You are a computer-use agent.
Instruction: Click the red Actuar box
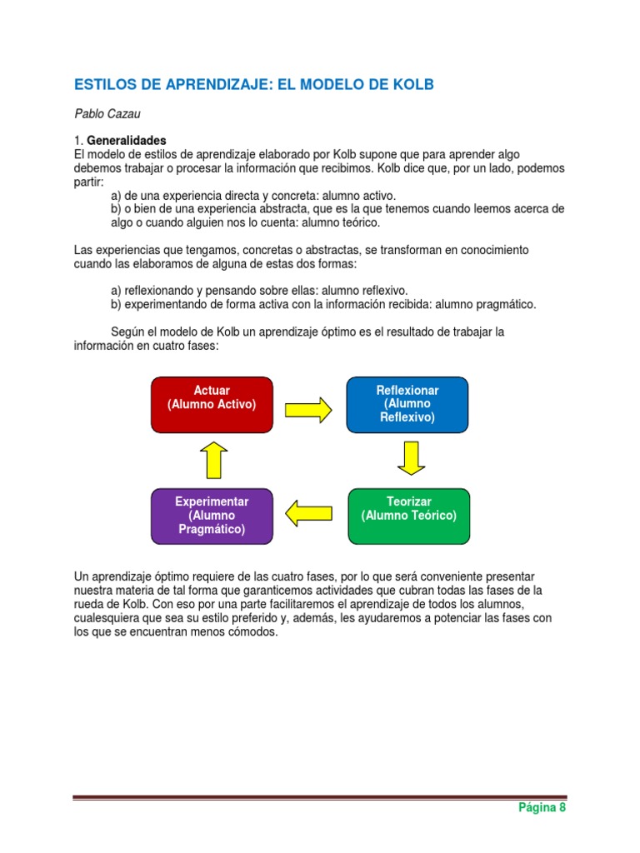[x=212, y=405]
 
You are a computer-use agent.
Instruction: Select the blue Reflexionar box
[x=407, y=405]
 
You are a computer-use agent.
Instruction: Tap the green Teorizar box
[x=408, y=516]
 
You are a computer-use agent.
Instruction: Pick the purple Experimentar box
[x=212, y=516]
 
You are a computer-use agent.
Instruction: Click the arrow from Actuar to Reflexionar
[x=309, y=409]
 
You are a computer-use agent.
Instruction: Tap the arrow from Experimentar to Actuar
[x=213, y=460]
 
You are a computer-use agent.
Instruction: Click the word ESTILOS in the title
[x=103, y=85]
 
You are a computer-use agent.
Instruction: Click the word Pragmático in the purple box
[x=212, y=530]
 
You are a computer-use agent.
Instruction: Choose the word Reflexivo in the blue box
[x=407, y=417]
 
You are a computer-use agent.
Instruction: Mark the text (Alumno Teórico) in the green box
[x=408, y=516]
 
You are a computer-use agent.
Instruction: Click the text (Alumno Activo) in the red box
[x=212, y=404]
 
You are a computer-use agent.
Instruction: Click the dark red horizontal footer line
[x=320, y=797]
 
